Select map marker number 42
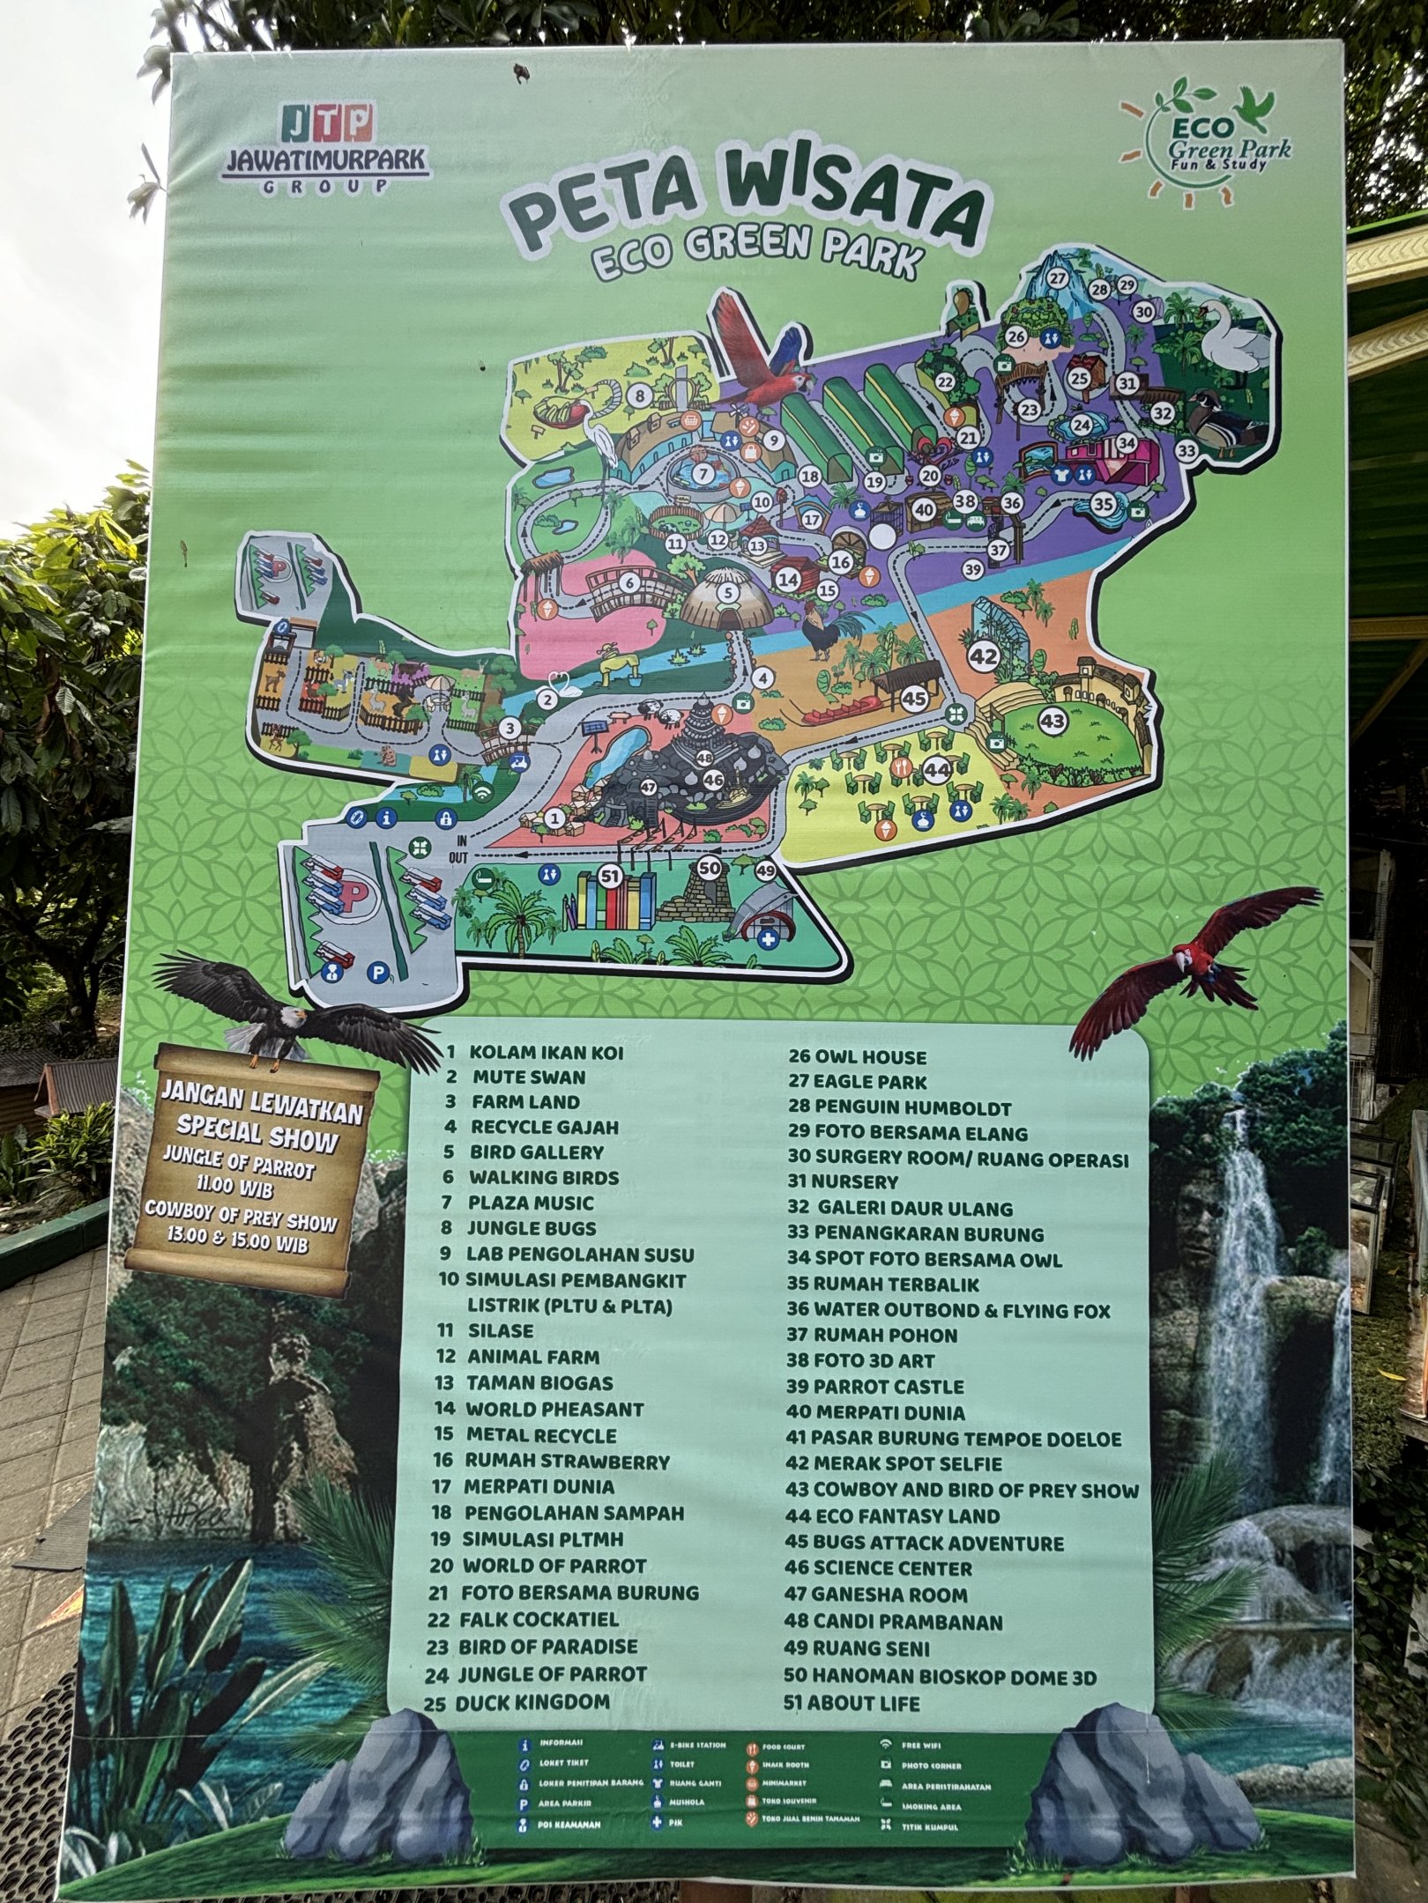point(984,655)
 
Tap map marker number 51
point(609,876)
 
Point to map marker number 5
point(727,593)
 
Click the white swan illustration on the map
point(1234,339)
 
